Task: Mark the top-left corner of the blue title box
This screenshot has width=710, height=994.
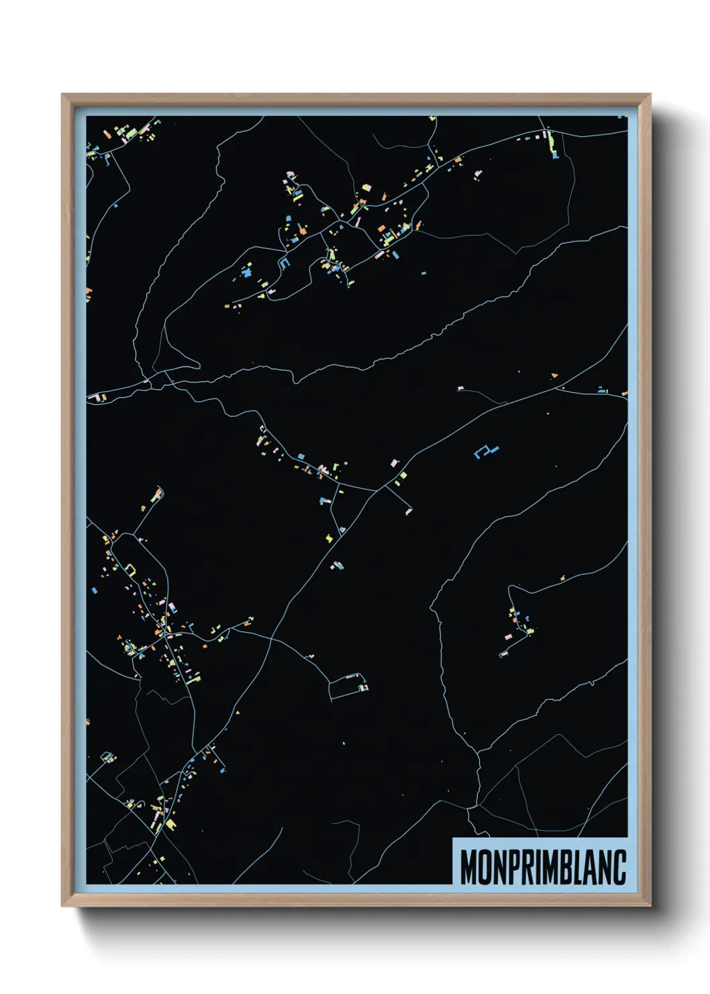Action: pos(454,838)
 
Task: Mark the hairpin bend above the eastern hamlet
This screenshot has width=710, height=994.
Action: pos(511,589)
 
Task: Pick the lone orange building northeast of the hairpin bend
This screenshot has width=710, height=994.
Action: pos(562,576)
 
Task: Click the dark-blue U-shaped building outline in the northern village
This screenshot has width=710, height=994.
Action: pos(283,263)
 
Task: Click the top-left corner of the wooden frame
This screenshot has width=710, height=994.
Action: pos(62,95)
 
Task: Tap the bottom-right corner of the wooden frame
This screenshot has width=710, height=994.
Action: pos(650,906)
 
